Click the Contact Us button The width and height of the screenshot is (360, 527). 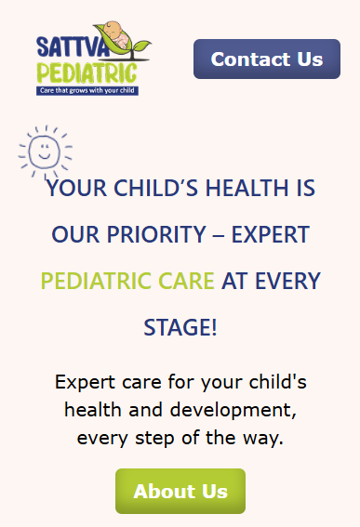tap(267, 59)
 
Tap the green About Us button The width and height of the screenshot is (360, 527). tap(180, 491)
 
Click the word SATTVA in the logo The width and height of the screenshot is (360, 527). tap(73, 46)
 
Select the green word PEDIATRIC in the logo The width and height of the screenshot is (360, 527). tap(87, 72)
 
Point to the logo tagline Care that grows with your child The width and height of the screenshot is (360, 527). tap(87, 90)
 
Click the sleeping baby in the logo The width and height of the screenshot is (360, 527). tap(116, 34)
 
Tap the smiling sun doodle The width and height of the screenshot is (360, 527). tap(45, 152)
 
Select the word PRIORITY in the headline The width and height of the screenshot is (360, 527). tap(156, 234)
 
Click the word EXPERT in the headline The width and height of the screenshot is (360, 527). tap(271, 234)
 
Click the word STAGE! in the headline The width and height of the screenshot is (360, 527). tap(180, 327)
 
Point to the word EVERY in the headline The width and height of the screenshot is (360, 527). tap(287, 281)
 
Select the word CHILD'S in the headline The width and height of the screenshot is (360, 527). tap(156, 188)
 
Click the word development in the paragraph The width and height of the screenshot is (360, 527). tap(233, 411)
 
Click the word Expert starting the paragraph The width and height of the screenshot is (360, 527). tap(86, 383)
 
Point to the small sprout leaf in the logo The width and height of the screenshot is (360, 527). tap(141, 45)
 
